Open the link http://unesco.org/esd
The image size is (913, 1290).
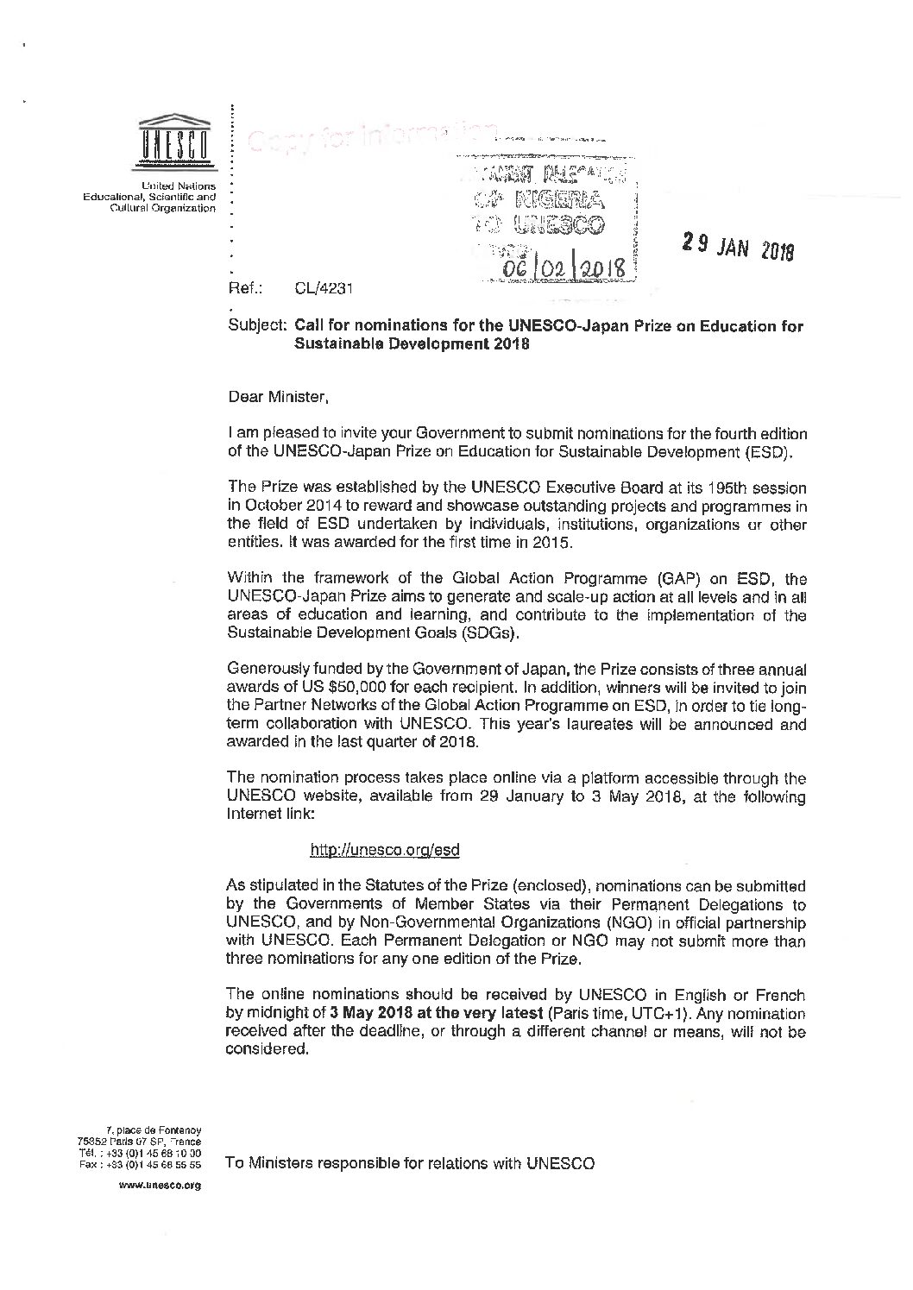click(384, 850)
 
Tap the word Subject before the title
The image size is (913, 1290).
click(257, 326)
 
